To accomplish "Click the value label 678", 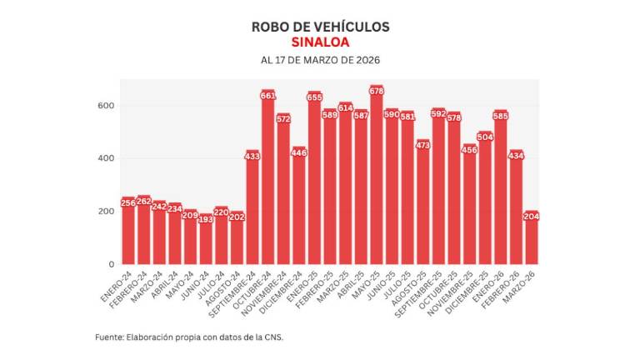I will click(376, 90).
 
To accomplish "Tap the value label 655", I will click(314, 97).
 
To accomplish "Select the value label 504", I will click(484, 136).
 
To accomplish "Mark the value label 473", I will click(422, 144).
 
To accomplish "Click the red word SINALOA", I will click(320, 42).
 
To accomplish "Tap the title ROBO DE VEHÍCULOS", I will click(320, 26).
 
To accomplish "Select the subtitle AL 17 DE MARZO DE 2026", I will click(320, 60).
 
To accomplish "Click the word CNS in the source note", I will click(284, 337).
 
